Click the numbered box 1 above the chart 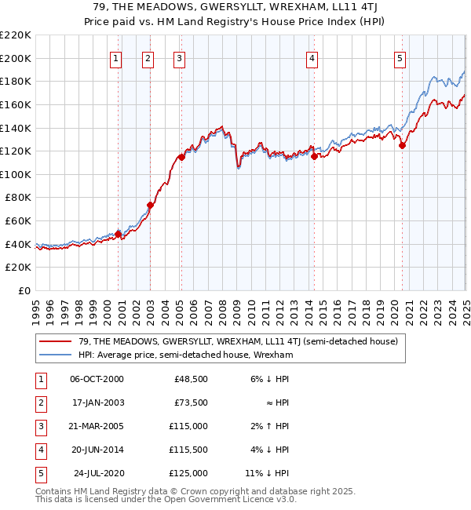click(x=116, y=57)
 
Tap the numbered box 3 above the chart click(x=179, y=57)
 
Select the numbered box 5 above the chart click(x=400, y=57)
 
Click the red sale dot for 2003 click(x=150, y=206)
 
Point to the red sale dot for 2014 click(x=314, y=156)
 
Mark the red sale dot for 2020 click(x=402, y=145)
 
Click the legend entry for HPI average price click(x=185, y=355)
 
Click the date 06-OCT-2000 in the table click(x=97, y=379)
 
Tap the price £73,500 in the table click(x=191, y=403)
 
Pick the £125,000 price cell click(x=189, y=473)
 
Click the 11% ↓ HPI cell click(x=268, y=473)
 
